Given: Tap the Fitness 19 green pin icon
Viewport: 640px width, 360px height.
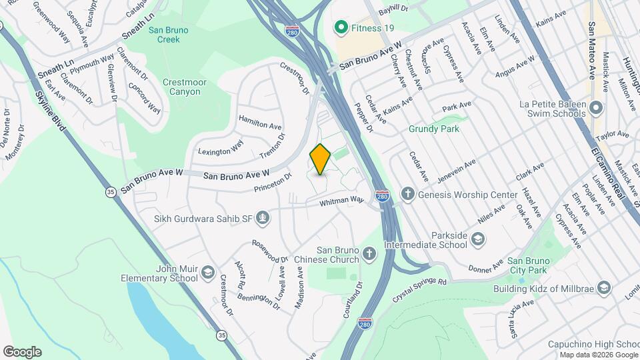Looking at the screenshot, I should pyautogui.click(x=341, y=27).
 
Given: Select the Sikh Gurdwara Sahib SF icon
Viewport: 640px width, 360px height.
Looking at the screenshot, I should pyautogui.click(x=264, y=217).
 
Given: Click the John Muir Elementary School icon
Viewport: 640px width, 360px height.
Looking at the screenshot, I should pyautogui.click(x=208, y=272).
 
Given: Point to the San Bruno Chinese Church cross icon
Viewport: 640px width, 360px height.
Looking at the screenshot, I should pyautogui.click(x=369, y=253).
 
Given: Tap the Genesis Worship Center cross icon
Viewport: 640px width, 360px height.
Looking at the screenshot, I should pyautogui.click(x=408, y=195).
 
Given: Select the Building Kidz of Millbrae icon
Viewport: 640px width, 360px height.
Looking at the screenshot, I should pyautogui.click(x=604, y=289).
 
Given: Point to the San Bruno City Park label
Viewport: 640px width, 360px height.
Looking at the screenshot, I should pyautogui.click(x=527, y=265).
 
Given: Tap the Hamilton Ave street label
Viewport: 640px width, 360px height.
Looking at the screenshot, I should pyautogui.click(x=261, y=125).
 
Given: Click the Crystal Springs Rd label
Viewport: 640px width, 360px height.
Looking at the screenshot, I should pyautogui.click(x=420, y=283).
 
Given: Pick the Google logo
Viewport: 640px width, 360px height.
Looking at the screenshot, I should pyautogui.click(x=22, y=351).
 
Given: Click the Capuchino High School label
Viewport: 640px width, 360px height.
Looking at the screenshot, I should pyautogui.click(x=589, y=344).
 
